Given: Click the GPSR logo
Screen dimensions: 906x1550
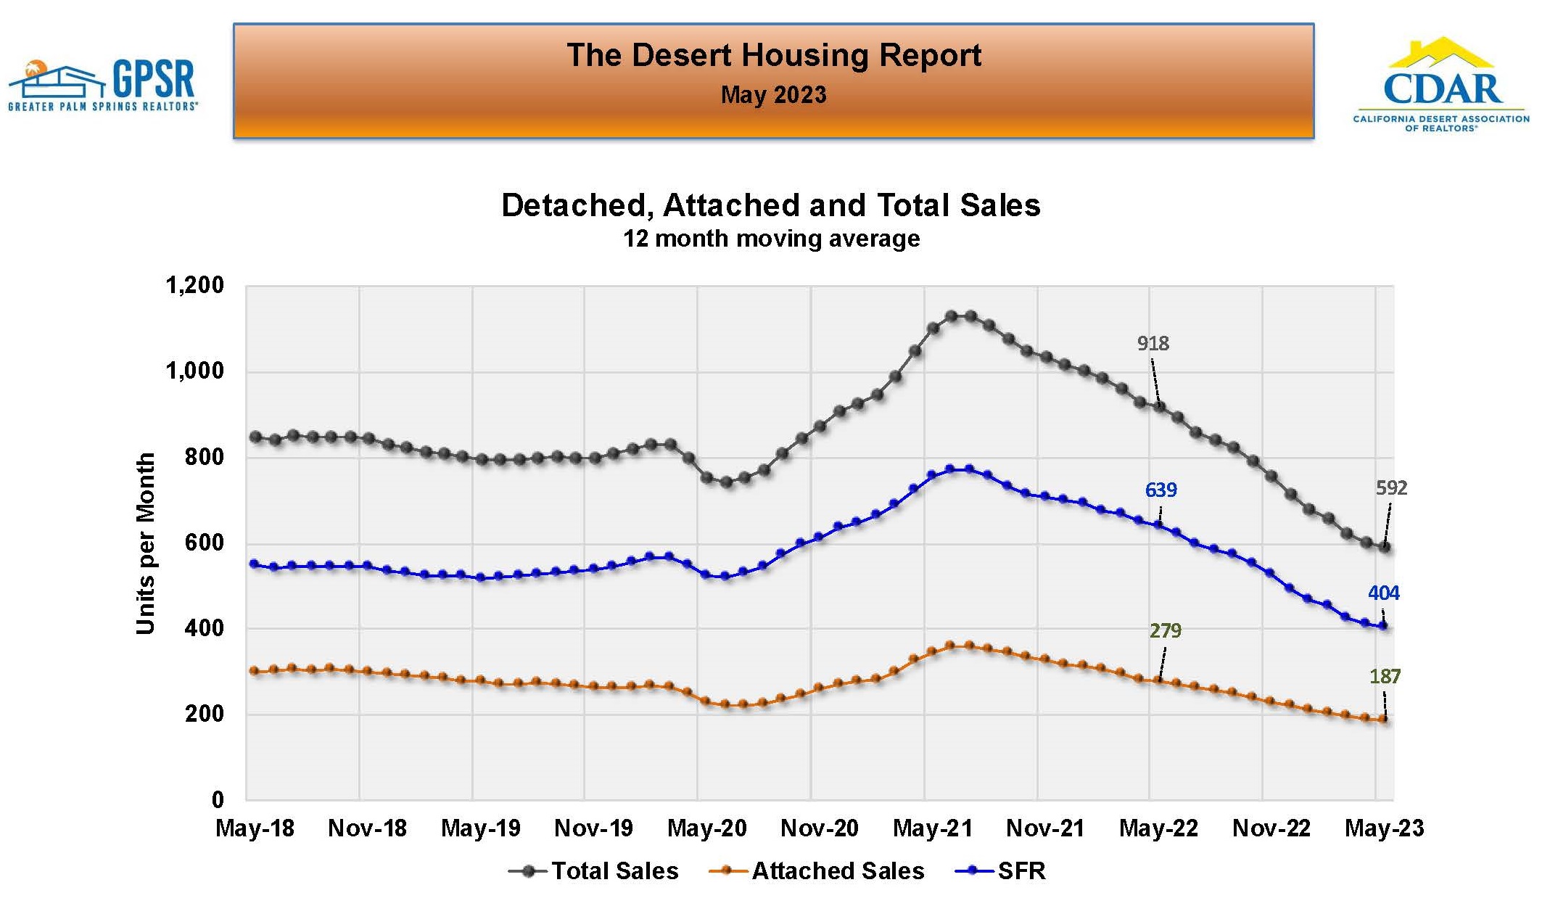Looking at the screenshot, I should (102, 85).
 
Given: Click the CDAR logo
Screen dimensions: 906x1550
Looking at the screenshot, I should (1441, 85).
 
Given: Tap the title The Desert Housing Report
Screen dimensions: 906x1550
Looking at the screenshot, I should (773, 56).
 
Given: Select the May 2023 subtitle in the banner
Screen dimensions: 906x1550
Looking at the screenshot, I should (773, 95).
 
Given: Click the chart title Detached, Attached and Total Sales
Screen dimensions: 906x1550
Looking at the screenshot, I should (770, 205).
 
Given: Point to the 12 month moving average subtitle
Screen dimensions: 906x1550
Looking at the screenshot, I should (771, 239).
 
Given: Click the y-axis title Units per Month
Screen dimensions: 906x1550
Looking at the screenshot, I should (146, 543).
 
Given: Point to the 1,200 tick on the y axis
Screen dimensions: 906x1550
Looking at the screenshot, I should (195, 285).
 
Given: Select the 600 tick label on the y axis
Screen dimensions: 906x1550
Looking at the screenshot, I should (204, 543).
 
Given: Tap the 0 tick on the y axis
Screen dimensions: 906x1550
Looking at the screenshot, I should (218, 799).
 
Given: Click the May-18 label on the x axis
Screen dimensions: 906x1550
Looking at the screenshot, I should (255, 828).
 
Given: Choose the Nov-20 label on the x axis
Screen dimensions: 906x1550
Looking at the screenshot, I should (819, 828).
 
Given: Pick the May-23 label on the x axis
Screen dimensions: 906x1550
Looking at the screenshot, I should (1384, 828).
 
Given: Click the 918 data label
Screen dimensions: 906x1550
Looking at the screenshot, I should (1153, 343).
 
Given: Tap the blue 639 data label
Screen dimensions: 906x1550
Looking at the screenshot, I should (1161, 490).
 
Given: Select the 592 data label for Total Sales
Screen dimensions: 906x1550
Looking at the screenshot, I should (1391, 487).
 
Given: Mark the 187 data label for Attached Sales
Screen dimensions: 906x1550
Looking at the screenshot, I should (1385, 676).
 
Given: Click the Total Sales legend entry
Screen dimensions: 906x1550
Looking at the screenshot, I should (595, 870).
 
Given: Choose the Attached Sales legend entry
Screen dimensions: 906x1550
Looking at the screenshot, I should (817, 870).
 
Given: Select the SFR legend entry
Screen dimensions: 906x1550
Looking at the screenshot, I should (1002, 870).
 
